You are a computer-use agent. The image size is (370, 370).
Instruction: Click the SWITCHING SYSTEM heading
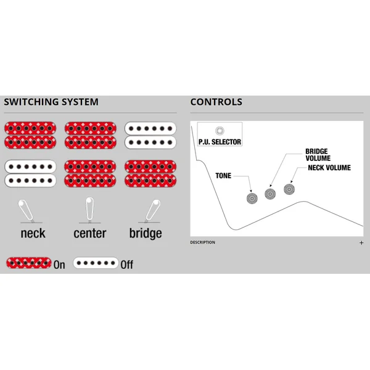[x=51, y=102]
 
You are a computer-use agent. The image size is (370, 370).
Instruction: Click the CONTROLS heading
[x=216, y=102]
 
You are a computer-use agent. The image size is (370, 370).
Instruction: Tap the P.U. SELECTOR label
[x=220, y=142]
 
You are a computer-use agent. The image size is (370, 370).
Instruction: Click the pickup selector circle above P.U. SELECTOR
[x=220, y=131]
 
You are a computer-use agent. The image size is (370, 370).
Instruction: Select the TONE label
[x=223, y=176]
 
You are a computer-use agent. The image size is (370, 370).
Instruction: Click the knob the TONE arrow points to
[x=252, y=198]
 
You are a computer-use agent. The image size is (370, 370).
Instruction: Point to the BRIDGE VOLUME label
[x=318, y=155]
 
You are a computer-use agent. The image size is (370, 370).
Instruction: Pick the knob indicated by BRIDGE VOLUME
[x=270, y=194]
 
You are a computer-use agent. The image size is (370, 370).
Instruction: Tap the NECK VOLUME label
[x=329, y=168]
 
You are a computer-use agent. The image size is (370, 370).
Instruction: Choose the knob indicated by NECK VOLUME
[x=289, y=189]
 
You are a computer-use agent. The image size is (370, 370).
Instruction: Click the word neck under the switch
[x=33, y=233]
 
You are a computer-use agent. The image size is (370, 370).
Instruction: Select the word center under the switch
[x=90, y=233]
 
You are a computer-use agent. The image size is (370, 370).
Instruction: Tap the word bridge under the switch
[x=146, y=234]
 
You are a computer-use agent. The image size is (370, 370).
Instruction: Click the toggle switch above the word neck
[x=26, y=210]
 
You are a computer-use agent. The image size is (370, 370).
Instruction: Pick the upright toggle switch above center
[x=89, y=210]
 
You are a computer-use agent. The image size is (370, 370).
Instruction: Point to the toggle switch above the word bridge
[x=152, y=210]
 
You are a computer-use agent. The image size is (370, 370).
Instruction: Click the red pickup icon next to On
[x=29, y=263]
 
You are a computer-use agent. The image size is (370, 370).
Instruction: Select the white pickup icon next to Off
[x=96, y=263]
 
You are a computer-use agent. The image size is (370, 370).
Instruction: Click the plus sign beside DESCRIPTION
[x=361, y=242]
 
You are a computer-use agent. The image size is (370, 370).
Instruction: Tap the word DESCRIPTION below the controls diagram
[x=203, y=242]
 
